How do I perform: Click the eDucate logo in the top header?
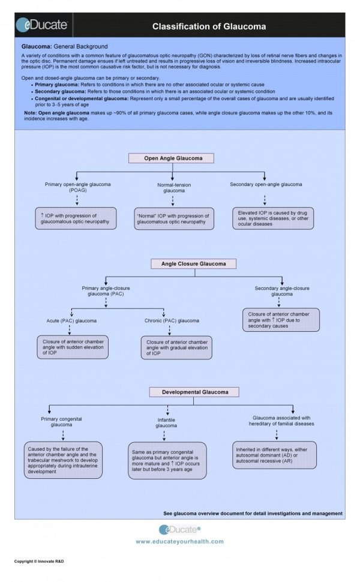click(x=41, y=25)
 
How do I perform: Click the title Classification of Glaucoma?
click(x=209, y=26)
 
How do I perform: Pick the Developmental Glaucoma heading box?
click(x=195, y=392)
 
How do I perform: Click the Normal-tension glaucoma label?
click(x=174, y=188)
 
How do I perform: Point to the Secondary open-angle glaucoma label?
click(x=266, y=184)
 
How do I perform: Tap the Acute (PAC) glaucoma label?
click(x=71, y=320)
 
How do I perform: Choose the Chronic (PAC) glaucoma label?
click(x=172, y=320)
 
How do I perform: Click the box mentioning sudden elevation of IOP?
click(x=72, y=347)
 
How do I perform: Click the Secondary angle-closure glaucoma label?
click(x=282, y=291)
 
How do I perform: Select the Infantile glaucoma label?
click(x=166, y=422)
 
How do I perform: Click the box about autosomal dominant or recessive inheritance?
click(x=274, y=455)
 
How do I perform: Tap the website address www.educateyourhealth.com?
click(x=179, y=541)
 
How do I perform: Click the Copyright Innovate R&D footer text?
click(x=39, y=561)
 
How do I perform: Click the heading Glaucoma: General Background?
click(x=64, y=46)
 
